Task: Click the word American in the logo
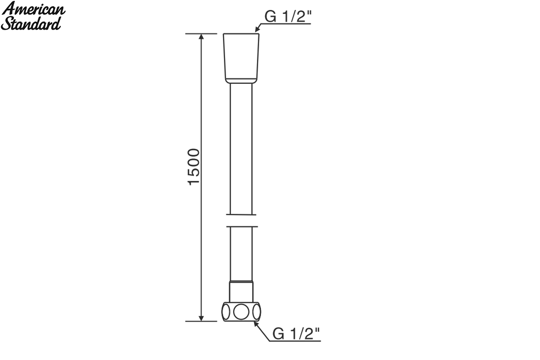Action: pos(33,9)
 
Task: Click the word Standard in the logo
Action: pos(31,24)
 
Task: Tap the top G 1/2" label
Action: pos(288,16)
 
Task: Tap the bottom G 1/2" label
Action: pos(296,334)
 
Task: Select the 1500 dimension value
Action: pos(193,167)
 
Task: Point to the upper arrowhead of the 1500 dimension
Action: pos(202,36)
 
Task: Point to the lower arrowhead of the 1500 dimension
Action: pos(202,318)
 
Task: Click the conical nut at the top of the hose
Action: pos(241,58)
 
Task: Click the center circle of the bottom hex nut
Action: pos(241,312)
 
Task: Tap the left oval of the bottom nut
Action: pos(226,312)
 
